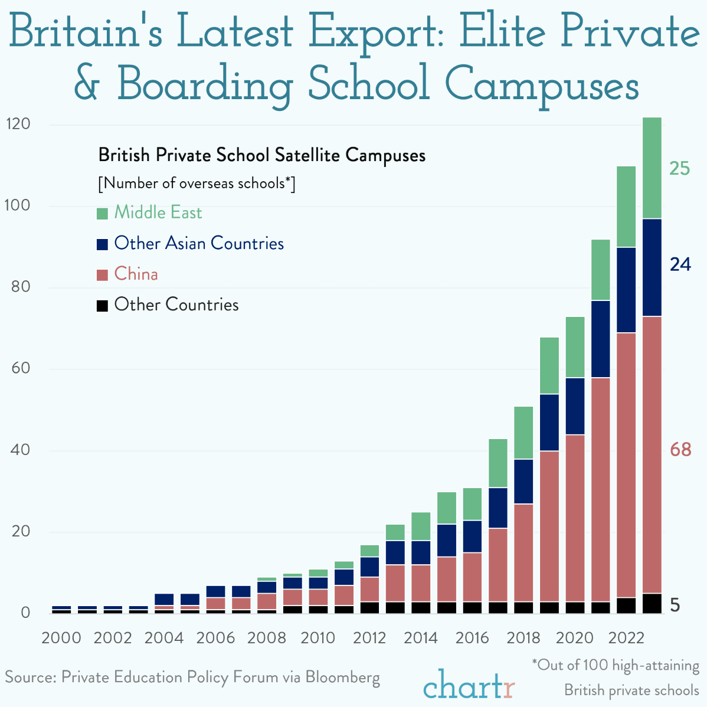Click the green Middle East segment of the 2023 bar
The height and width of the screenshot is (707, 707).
click(652, 168)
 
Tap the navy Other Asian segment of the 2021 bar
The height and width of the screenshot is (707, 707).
click(600, 339)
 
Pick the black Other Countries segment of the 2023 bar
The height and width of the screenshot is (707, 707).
click(652, 603)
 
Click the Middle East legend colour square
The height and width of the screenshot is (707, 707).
click(102, 213)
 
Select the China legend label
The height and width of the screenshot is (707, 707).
click(136, 274)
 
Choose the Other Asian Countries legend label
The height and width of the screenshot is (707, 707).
click(199, 243)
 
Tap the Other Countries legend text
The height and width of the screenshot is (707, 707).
click(176, 305)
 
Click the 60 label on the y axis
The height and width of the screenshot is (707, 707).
click(21, 369)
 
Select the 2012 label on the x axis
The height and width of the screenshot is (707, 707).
click(369, 638)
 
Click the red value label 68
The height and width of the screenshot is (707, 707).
click(680, 450)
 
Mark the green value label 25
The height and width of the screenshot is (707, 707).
click(679, 169)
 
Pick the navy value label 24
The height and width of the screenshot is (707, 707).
click(680, 264)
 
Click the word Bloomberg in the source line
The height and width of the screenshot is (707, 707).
click(342, 677)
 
